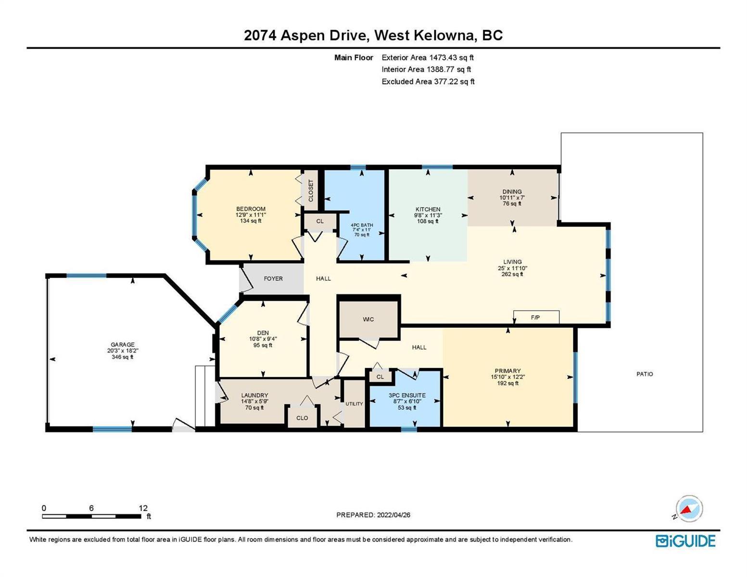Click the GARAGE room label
pyautogui.click(x=122, y=344)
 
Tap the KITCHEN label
pyautogui.click(x=428, y=209)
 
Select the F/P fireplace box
pyautogui.click(x=536, y=317)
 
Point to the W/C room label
pyautogui.click(x=368, y=319)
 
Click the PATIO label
pyautogui.click(x=645, y=374)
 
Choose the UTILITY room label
pyautogui.click(x=354, y=404)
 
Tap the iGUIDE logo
pyautogui.click(x=685, y=541)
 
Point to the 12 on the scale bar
pyautogui.click(x=143, y=508)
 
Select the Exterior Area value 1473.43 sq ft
pyautogui.click(x=451, y=57)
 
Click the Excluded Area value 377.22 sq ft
pyautogui.click(x=453, y=81)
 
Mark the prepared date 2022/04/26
pyautogui.click(x=393, y=515)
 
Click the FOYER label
pyautogui.click(x=273, y=278)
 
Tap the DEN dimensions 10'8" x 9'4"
pyautogui.click(x=263, y=339)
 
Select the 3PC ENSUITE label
pyautogui.click(x=407, y=395)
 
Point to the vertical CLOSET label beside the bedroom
pyautogui.click(x=311, y=191)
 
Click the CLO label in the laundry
pyautogui.click(x=302, y=418)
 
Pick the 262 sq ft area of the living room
pyautogui.click(x=512, y=274)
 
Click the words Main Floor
pyautogui.click(x=354, y=57)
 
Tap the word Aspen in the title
pyautogui.click(x=303, y=36)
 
